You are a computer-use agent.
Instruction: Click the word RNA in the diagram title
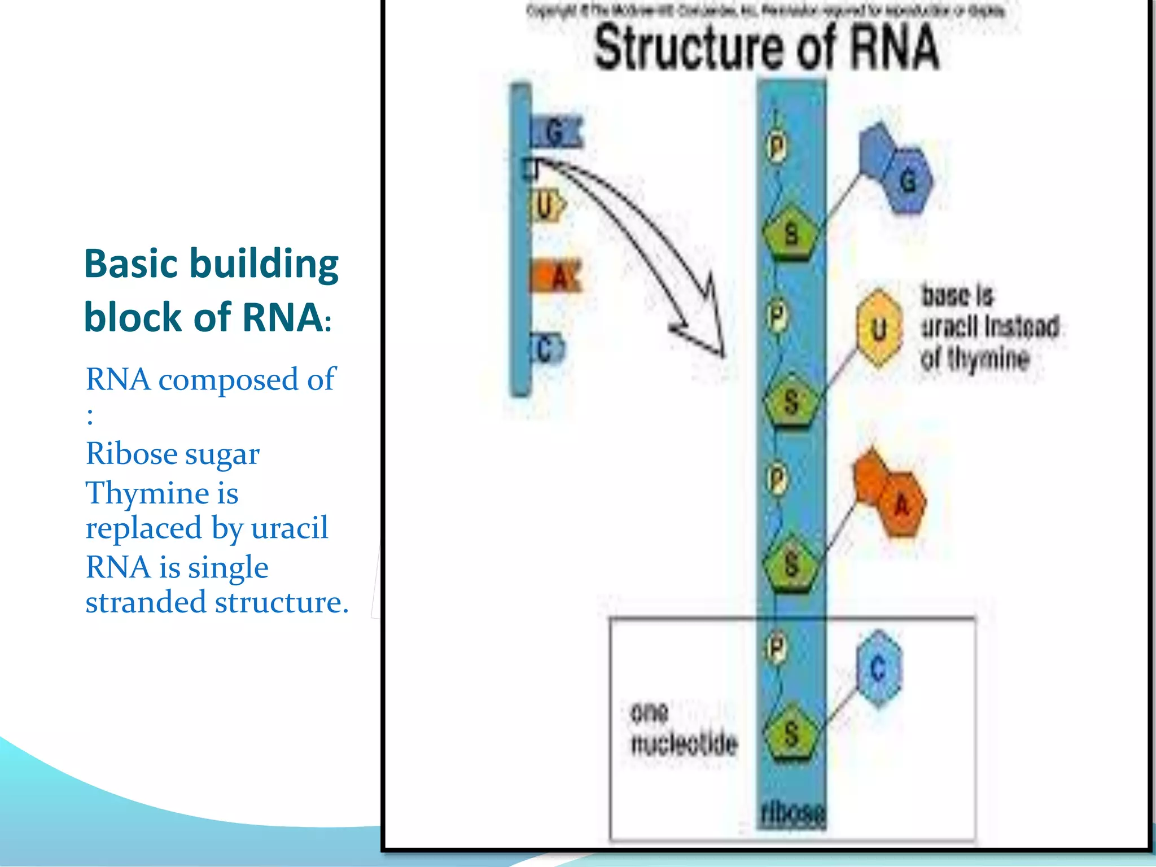click(894, 47)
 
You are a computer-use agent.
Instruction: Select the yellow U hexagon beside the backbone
click(878, 329)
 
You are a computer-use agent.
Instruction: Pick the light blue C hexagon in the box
click(878, 669)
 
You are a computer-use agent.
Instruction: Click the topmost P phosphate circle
click(777, 148)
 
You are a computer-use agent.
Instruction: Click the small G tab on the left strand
click(555, 133)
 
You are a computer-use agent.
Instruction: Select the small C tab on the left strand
click(546, 349)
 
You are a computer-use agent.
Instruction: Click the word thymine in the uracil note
click(988, 359)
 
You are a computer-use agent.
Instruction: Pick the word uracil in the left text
click(289, 528)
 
